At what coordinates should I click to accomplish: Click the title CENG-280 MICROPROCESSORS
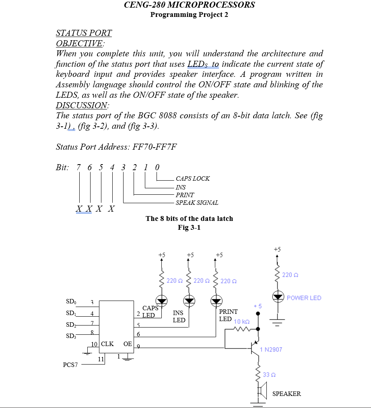click(x=189, y=5)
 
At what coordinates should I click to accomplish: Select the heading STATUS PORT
click(x=84, y=33)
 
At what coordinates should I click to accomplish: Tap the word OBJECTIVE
click(x=79, y=43)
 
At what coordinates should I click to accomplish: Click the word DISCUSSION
click(x=82, y=105)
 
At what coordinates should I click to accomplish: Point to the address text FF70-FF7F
click(x=153, y=146)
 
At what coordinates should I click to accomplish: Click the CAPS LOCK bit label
click(x=193, y=179)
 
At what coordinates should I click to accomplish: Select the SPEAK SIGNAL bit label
click(x=197, y=203)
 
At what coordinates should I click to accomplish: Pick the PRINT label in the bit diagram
click(x=185, y=195)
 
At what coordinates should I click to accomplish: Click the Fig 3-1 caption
click(x=189, y=228)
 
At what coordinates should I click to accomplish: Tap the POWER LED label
click(x=304, y=298)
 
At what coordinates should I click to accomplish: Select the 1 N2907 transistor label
click(x=271, y=350)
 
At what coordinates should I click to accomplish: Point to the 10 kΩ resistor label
click(x=242, y=322)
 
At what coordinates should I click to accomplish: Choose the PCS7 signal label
click(x=70, y=365)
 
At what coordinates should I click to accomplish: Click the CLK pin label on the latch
click(x=107, y=344)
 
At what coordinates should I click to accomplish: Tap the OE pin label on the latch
click(x=128, y=344)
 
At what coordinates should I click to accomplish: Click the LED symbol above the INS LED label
click(x=189, y=300)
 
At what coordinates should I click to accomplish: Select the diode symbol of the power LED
click(x=277, y=297)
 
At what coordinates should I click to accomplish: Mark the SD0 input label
click(x=70, y=302)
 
